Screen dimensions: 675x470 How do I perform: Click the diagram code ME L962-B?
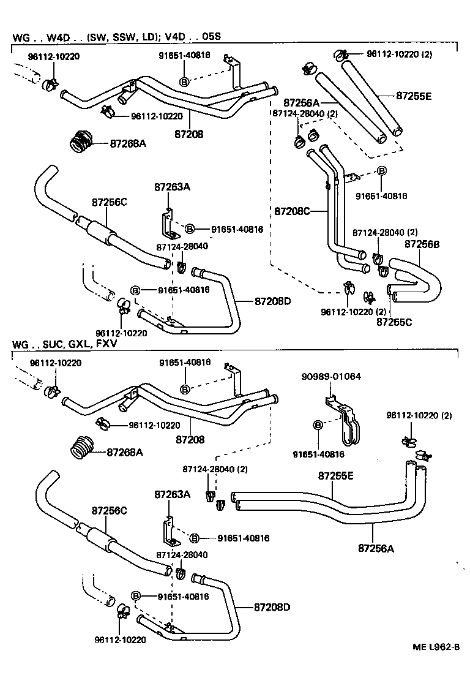pos(436,664)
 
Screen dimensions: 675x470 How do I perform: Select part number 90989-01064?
pos(330,376)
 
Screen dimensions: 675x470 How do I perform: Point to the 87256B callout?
pos(422,244)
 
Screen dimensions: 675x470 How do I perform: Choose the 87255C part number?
pos(394,320)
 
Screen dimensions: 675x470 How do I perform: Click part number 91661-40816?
pos(383,196)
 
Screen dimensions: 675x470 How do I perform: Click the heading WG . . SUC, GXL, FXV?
pos(64,344)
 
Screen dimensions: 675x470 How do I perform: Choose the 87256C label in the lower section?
pos(110,510)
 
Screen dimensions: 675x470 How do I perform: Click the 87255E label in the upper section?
pos(414,96)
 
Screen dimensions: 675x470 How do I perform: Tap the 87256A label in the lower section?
pos(376,548)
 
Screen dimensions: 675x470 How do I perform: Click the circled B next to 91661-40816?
pos(381,171)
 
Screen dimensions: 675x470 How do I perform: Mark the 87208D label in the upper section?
pos(272,301)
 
